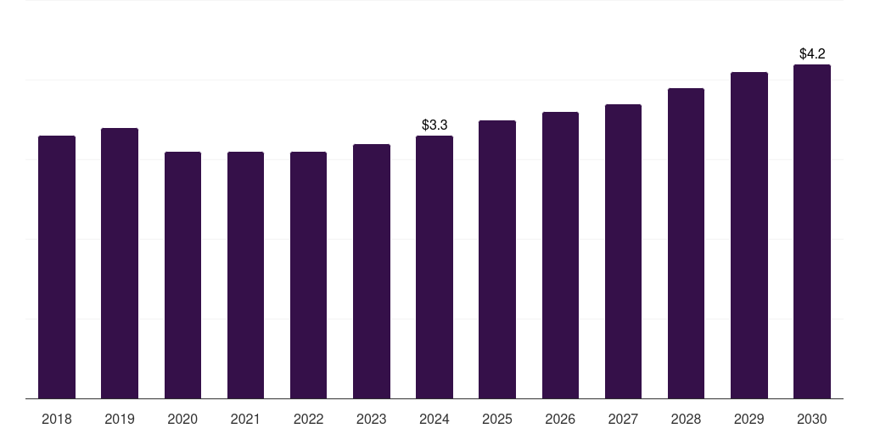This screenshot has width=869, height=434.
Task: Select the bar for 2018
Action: tap(57, 267)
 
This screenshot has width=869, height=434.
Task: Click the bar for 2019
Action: tap(120, 263)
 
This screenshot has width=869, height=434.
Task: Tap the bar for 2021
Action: tap(245, 275)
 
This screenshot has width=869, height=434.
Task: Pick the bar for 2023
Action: tap(372, 271)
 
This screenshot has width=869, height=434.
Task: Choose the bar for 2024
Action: tap(434, 267)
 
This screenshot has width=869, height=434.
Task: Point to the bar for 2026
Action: tap(560, 255)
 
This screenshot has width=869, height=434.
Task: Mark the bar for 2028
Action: tap(686, 243)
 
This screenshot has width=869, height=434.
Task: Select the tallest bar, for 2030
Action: tap(812, 231)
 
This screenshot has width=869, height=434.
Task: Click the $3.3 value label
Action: tap(434, 125)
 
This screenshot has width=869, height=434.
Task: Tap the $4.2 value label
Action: tap(812, 53)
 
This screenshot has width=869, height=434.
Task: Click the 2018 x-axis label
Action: tap(57, 419)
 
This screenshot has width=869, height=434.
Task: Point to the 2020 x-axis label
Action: tap(182, 419)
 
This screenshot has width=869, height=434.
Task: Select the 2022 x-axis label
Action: tap(308, 419)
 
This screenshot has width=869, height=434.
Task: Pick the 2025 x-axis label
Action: tap(497, 419)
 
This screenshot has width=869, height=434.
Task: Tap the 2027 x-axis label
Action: tap(623, 419)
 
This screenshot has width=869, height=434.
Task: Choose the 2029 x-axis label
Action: tap(748, 419)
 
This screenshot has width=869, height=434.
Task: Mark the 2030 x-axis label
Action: tap(812, 419)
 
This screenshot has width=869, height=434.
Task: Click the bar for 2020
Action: tap(183, 275)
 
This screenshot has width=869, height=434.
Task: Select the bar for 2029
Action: tap(749, 236)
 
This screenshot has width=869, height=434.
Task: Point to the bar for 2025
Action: tap(497, 259)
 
